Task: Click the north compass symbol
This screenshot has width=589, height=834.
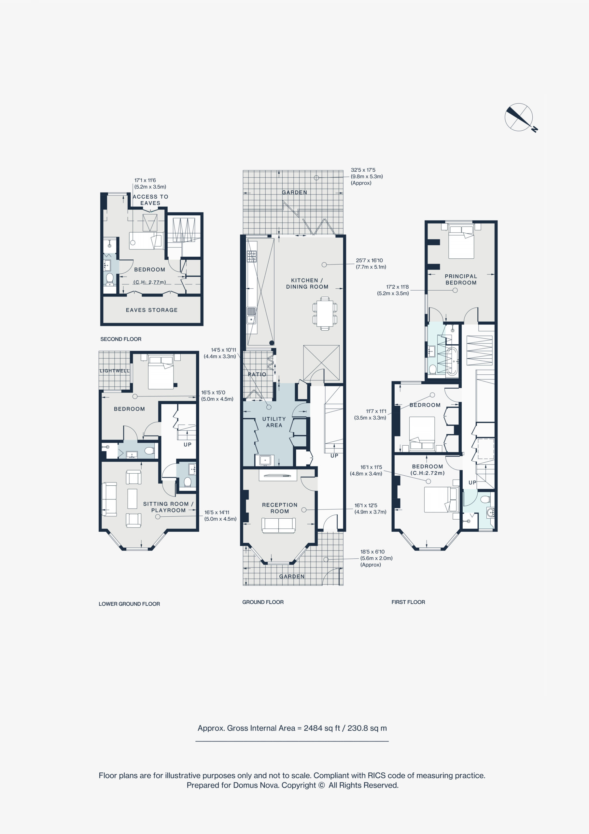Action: point(519,117)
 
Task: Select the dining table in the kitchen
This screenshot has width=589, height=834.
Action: point(325,313)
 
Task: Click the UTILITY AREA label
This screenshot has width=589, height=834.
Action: point(274,422)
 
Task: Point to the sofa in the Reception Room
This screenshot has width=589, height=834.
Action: point(278,525)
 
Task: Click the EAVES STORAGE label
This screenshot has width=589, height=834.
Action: point(152,310)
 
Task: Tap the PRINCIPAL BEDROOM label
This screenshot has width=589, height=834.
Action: point(461,279)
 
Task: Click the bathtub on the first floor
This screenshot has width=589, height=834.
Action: point(452,361)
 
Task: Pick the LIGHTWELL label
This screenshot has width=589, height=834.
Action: point(115,371)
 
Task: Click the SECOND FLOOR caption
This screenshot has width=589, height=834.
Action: point(121,339)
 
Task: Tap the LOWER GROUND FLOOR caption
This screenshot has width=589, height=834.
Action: point(129,604)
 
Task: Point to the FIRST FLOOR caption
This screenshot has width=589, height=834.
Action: point(408,602)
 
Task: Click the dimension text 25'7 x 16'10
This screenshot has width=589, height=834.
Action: point(369,260)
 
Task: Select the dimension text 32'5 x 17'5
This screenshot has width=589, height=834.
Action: point(363,170)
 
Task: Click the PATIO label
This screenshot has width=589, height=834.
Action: point(257,374)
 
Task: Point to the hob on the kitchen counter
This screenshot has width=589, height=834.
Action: point(252,256)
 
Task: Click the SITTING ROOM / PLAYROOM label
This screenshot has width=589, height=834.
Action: point(168,507)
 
